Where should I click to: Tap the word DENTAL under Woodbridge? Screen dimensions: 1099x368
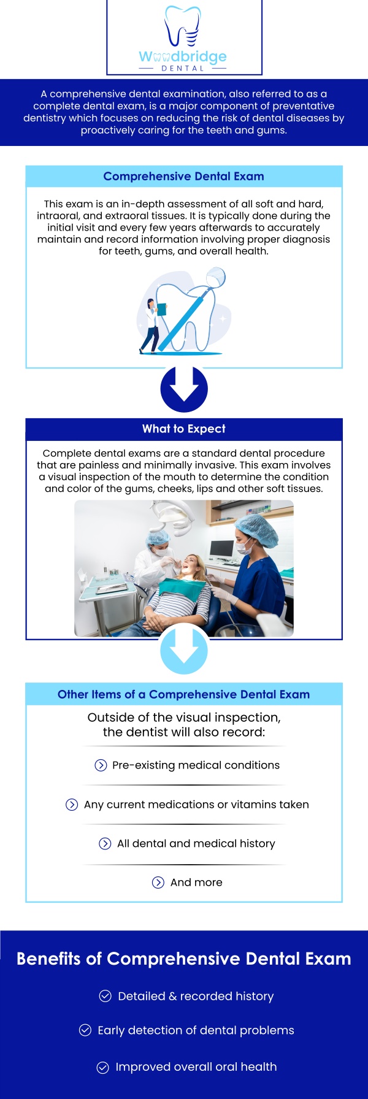[x=183, y=69]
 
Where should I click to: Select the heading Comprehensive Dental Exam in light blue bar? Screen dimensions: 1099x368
[x=183, y=177]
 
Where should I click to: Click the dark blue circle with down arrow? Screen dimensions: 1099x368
[x=184, y=389]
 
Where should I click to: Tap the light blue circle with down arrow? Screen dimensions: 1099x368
[x=184, y=651]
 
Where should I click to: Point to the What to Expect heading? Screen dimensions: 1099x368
[x=183, y=429]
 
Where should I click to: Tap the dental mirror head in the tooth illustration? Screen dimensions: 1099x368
[x=216, y=277]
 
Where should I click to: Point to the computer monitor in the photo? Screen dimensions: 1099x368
[x=221, y=548]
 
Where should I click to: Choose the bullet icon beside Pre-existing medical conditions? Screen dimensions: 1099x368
[x=101, y=765]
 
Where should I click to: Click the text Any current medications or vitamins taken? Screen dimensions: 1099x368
[x=196, y=805]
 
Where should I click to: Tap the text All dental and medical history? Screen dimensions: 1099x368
[x=196, y=844]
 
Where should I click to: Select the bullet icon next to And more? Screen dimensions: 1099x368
[x=158, y=883]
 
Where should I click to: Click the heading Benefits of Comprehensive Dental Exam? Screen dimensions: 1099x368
[x=183, y=959]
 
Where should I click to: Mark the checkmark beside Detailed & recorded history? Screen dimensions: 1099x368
[x=105, y=996]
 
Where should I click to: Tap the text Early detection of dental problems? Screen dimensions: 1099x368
[x=196, y=1030]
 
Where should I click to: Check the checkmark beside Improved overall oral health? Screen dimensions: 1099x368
[x=103, y=1067]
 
